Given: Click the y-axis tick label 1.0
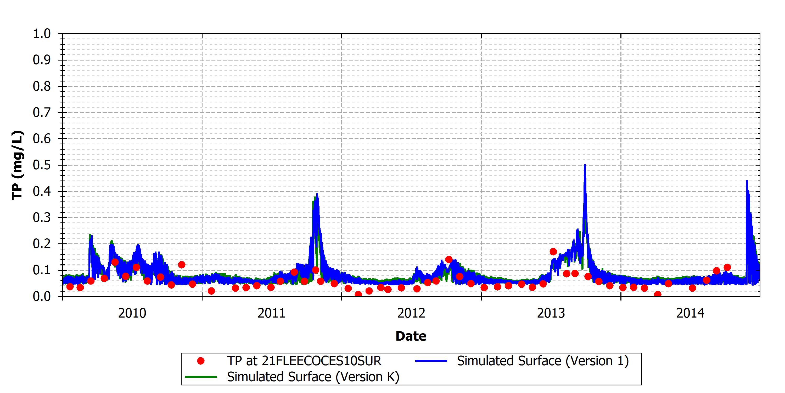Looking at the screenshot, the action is tap(42, 34).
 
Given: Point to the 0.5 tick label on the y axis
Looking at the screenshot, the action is tap(42, 165).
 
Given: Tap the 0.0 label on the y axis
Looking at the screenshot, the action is tap(42, 296).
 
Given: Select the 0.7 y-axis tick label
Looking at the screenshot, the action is tap(42, 113).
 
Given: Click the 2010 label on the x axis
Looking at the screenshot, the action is tap(132, 313).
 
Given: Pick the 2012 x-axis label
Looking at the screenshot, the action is tap(411, 313).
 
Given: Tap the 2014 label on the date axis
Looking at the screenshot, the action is tap(691, 313).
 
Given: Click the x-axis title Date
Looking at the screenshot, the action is tap(411, 336).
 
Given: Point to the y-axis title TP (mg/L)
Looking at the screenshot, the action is tap(17, 165).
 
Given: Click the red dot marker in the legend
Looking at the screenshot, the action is tap(201, 361).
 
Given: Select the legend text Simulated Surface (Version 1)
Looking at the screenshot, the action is tap(543, 361).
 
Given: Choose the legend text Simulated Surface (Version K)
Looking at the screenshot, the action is tap(313, 377).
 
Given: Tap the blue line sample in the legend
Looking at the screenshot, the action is tap(431, 361).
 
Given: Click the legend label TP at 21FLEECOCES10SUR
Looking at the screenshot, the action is tap(304, 361).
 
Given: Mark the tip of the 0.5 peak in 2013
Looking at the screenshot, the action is tap(585, 165).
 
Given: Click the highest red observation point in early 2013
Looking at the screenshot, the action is tap(553, 252).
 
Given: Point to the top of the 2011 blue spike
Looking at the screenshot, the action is tap(317, 194).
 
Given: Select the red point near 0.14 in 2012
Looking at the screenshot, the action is tap(449, 260).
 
